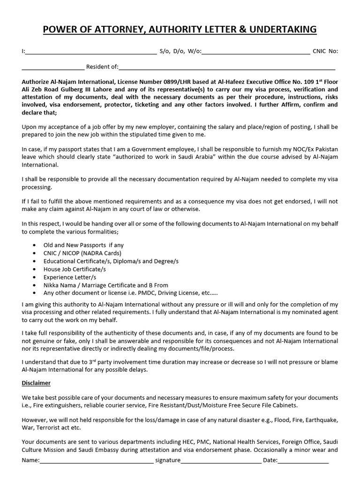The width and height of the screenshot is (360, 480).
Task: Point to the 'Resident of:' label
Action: (102, 67)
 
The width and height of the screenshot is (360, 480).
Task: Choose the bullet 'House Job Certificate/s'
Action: (75, 269)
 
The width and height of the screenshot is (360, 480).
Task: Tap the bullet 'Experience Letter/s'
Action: (69, 277)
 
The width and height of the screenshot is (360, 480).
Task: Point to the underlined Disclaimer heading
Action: (36, 383)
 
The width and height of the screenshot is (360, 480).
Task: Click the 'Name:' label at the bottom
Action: (30, 461)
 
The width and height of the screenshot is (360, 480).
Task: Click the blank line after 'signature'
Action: (221, 461)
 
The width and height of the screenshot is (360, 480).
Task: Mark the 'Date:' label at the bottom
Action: (270, 461)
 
